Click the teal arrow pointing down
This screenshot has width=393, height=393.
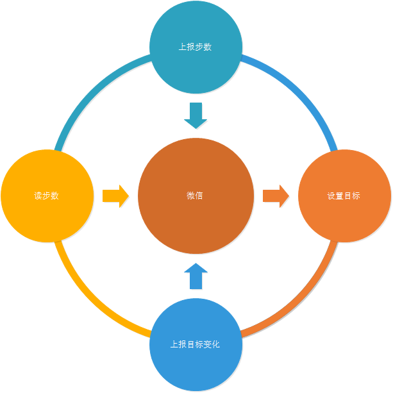coord(196,115)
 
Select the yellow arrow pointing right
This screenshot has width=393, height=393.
coord(115,196)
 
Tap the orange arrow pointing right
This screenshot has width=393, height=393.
coord(276,196)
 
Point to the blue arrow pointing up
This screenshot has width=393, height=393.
coord(196,276)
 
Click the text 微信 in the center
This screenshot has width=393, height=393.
coord(195,196)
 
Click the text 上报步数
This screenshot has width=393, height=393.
coord(195,47)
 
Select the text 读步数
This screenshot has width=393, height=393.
coord(46,196)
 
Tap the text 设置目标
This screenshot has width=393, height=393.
coord(344,196)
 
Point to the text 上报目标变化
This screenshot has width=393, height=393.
coord(195,344)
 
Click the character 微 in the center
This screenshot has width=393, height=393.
coord(190,196)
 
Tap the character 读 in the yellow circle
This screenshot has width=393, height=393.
coord(38,196)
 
